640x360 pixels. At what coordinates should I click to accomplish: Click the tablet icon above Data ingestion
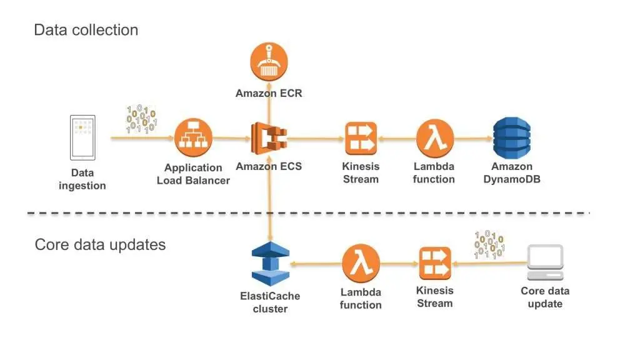pyautogui.click(x=83, y=137)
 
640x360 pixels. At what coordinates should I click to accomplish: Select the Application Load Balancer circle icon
pyautogui.click(x=193, y=138)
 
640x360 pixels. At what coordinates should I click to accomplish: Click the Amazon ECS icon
pyautogui.click(x=269, y=139)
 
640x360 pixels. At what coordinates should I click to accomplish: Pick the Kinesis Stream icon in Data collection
pyautogui.click(x=361, y=139)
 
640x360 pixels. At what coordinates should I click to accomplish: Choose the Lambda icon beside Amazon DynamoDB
pyautogui.click(x=434, y=139)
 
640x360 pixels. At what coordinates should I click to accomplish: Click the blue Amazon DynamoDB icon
pyautogui.click(x=511, y=138)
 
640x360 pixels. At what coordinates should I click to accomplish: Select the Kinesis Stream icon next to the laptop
pyautogui.click(x=435, y=263)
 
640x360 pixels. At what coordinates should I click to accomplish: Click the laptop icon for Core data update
pyautogui.click(x=545, y=262)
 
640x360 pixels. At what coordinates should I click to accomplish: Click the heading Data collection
pyautogui.click(x=86, y=29)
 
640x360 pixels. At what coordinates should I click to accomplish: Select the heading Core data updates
pyautogui.click(x=100, y=244)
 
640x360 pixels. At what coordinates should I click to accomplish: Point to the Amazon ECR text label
pyautogui.click(x=269, y=93)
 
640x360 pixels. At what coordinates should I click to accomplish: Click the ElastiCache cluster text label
pyautogui.click(x=270, y=302)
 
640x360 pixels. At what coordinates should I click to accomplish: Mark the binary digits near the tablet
pyautogui.click(x=141, y=119)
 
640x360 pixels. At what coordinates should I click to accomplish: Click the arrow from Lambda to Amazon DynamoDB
pyautogui.click(x=472, y=139)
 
